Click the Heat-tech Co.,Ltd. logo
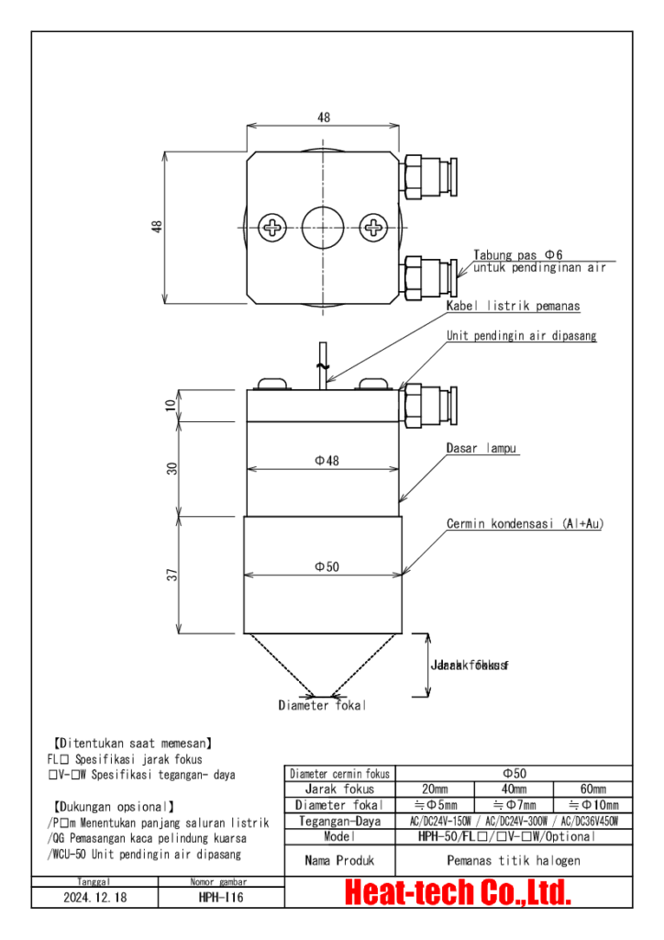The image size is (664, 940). (458, 891)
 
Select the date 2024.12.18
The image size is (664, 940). (95, 898)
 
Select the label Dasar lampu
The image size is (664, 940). (482, 449)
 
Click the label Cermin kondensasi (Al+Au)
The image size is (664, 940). (525, 523)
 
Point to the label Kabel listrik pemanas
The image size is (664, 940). (513, 306)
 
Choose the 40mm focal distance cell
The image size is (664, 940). (514, 789)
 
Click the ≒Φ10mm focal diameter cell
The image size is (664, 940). (592, 804)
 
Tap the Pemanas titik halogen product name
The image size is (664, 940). (513, 861)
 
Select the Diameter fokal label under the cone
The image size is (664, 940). (322, 705)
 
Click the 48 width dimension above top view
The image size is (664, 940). (324, 117)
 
